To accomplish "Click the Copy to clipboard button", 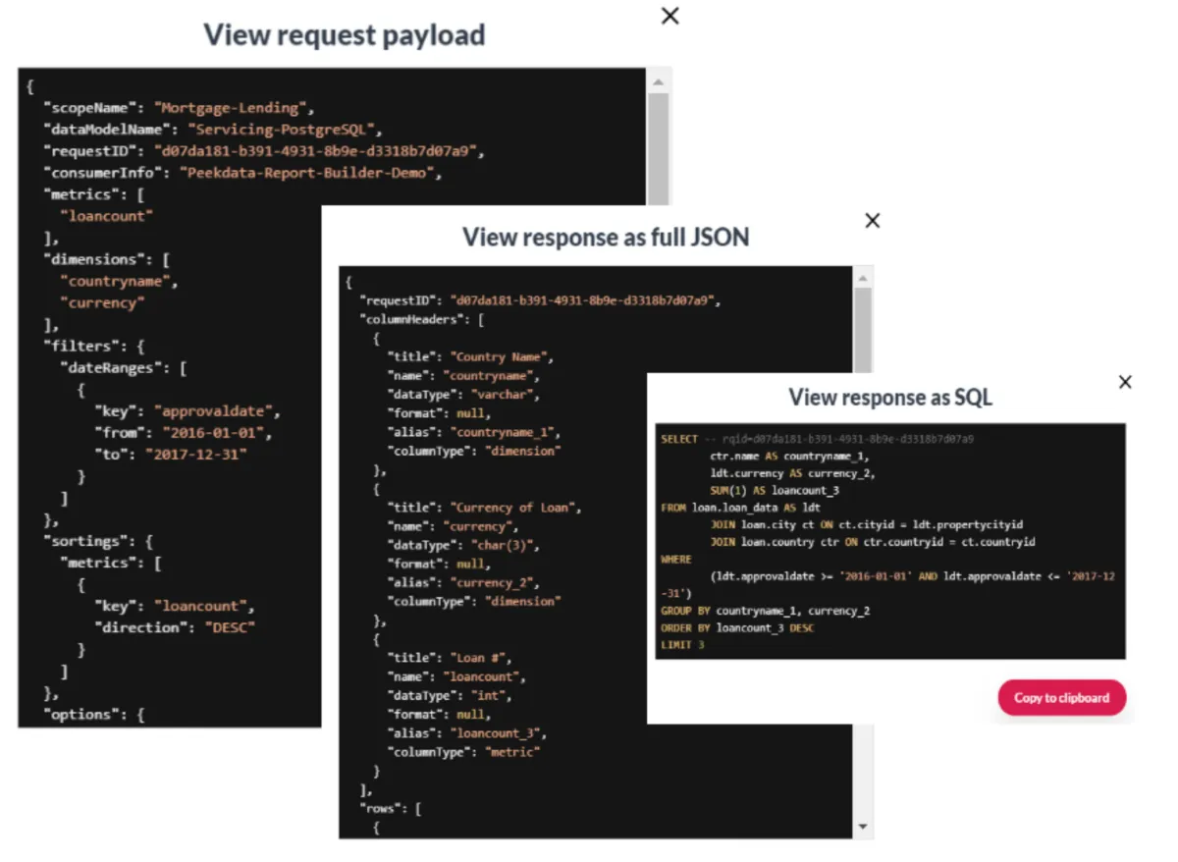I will [1061, 698].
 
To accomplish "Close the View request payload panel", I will [670, 16].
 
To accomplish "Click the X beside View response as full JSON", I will [872, 221].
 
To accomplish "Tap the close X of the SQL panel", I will [1125, 382].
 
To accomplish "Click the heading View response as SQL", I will [890, 398].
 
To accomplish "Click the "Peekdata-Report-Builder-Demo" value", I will [310, 174].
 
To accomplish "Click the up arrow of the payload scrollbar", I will [658, 82].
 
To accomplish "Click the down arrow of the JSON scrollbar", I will [863, 827].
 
